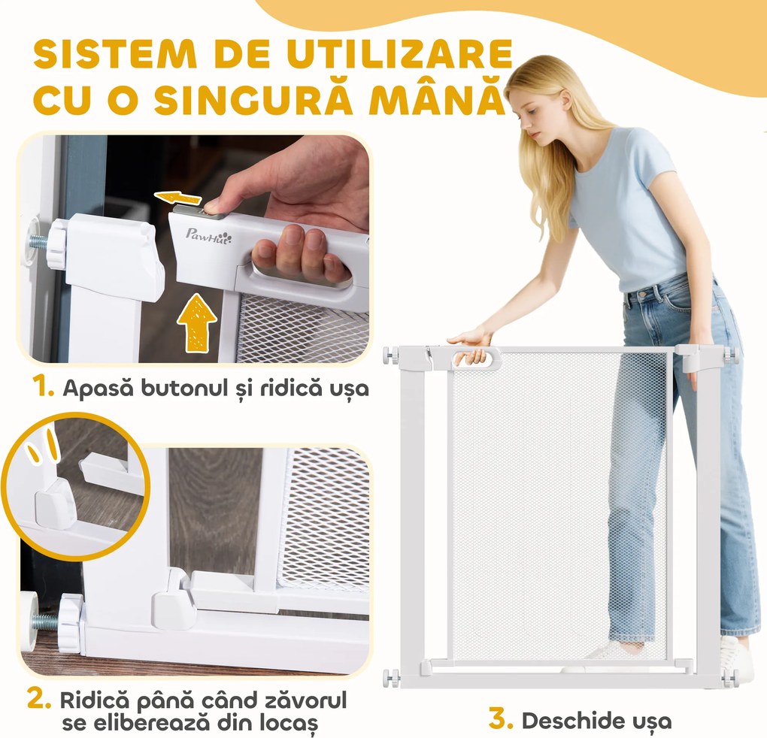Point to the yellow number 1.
44,388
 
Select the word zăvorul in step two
294,701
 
